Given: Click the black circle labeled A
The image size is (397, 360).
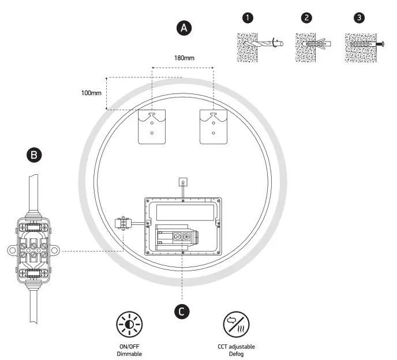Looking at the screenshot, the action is point(184,28).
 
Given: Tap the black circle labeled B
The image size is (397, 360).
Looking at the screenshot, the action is point(34,155).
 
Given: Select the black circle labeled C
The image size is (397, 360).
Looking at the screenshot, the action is point(182,312).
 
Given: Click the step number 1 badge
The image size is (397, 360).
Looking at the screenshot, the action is point(248,18).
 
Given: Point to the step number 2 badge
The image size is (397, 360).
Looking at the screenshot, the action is point(306,18).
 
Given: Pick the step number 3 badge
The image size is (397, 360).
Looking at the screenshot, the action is point(359,18).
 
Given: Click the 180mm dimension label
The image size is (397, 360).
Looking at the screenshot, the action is point(184,58).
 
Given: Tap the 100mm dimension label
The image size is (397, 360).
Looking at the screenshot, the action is point(91,93).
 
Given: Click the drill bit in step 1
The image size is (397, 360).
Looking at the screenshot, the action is point(263,44).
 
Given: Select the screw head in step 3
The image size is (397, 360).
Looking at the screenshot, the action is point(383,44).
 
